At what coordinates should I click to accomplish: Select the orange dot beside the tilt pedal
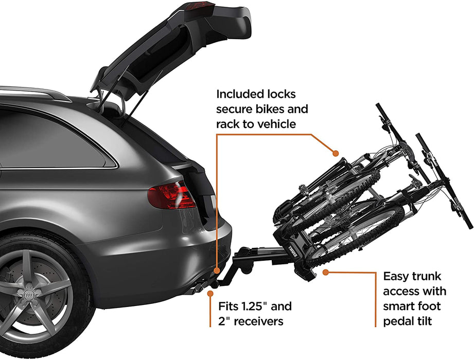[x=325, y=271]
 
